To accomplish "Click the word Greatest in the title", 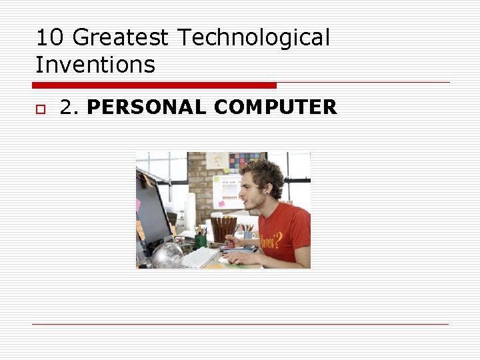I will tap(121, 38).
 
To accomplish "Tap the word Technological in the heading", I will tap(253, 38).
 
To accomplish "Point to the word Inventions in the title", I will tap(95, 65).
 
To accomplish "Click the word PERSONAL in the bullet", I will tap(146, 107).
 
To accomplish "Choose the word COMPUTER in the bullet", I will tap(275, 107).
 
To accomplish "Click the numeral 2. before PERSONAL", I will tap(70, 107).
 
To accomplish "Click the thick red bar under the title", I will tap(154, 85).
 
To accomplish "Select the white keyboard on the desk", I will tap(201, 258).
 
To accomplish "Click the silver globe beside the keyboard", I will tap(167, 255).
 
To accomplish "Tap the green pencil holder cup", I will tap(201, 241).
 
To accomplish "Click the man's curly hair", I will tap(263, 172).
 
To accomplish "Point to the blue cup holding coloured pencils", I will tap(247, 235).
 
